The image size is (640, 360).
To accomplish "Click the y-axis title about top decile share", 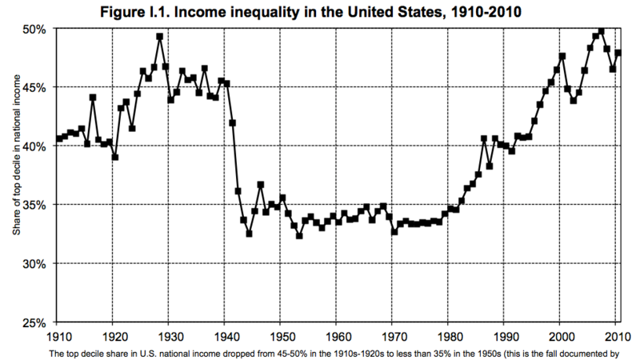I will pyautogui.click(x=15, y=174).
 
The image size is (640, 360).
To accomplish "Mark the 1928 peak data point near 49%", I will pyautogui.click(x=160, y=37).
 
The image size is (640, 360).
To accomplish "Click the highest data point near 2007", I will pyautogui.click(x=601, y=31).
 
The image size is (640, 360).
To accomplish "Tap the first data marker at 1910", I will pyautogui.click(x=59, y=139).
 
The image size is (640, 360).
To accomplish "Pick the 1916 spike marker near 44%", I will pyautogui.click(x=93, y=98).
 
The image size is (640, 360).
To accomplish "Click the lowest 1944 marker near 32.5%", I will pyautogui.click(x=249, y=234).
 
